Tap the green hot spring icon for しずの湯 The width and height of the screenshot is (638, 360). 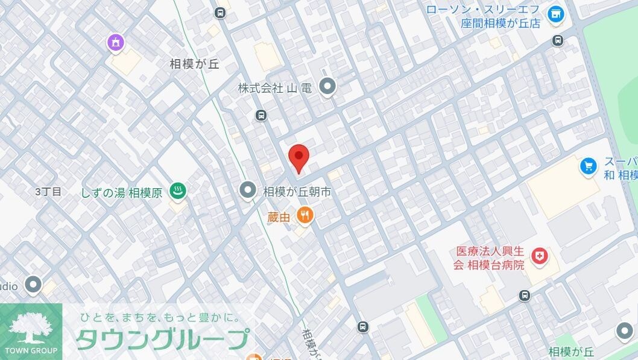[x=178, y=191]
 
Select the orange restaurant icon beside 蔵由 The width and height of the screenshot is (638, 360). [x=305, y=215]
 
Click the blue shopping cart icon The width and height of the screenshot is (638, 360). [x=588, y=166]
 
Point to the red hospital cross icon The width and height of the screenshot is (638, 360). [x=541, y=257]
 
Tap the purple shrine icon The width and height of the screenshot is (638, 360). [x=116, y=42]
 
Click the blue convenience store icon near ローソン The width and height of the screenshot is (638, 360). [x=554, y=13]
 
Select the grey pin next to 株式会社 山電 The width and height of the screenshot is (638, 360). [x=327, y=87]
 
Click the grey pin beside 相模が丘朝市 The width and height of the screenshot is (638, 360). [x=248, y=191]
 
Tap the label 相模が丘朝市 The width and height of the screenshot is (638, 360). [x=297, y=192]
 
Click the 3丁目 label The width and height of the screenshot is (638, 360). [x=48, y=192]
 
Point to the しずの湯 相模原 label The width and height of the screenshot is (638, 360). [x=121, y=192]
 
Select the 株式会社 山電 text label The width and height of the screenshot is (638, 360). [x=274, y=88]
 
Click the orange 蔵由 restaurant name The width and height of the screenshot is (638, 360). [x=280, y=216]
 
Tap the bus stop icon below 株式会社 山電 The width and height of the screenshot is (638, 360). [x=261, y=115]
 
